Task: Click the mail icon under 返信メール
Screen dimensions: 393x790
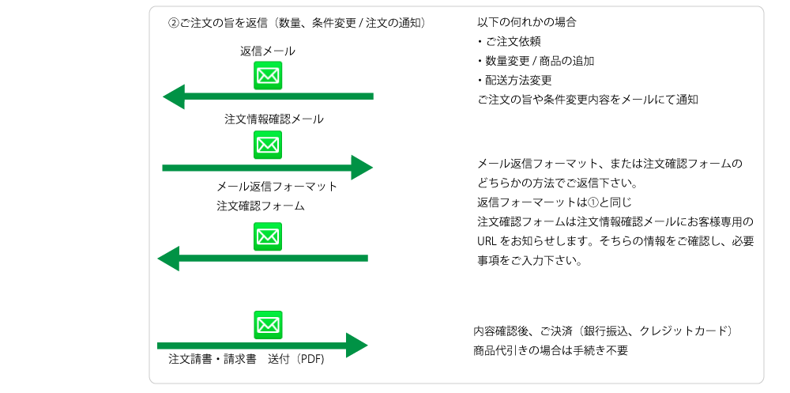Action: tap(268, 75)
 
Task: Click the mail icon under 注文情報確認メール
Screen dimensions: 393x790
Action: tap(268, 145)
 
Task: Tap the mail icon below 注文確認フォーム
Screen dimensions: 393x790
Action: tap(268, 236)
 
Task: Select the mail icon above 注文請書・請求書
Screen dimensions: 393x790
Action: tap(268, 324)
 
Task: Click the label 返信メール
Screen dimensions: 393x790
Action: tap(268, 51)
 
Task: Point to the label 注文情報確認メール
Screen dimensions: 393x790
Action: tap(273, 119)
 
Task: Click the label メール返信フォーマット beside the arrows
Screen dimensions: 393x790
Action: tap(276, 187)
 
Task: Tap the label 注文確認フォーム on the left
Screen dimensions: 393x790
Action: tap(261, 206)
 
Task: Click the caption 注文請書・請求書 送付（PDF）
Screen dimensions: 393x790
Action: tap(246, 359)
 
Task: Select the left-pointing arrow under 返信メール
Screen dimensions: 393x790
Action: tap(268, 96)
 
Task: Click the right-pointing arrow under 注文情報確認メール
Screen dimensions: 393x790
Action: tap(268, 168)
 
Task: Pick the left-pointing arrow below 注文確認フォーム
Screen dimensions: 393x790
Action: tap(263, 259)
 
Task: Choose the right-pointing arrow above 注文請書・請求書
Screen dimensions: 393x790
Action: tap(263, 346)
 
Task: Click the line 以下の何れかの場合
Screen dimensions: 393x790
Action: tap(527, 22)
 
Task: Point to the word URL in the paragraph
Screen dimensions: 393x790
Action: tap(487, 240)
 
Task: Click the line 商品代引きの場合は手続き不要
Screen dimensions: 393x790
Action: tap(550, 350)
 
